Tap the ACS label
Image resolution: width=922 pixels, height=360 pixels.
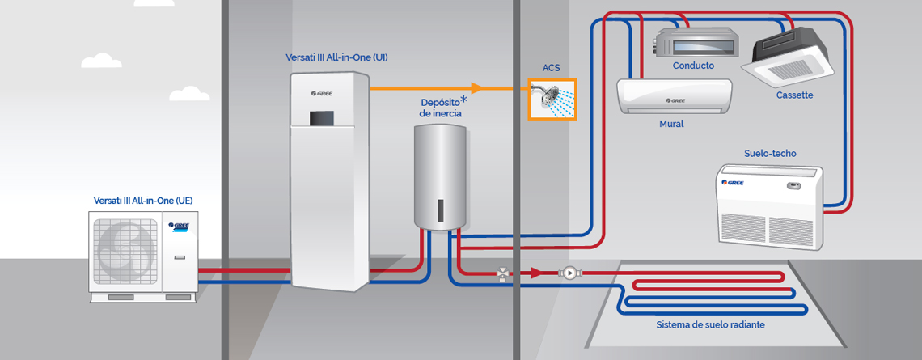[x=552, y=68]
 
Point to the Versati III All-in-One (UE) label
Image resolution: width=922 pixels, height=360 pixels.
[x=143, y=200]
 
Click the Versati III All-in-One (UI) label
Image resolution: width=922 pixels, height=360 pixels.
[x=336, y=57]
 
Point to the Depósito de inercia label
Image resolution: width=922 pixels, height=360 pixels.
[x=441, y=108]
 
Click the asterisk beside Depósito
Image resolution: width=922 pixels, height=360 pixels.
[x=464, y=100]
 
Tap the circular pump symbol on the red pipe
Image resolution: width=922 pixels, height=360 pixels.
[x=569, y=273]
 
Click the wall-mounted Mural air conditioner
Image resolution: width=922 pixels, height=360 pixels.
[x=674, y=96]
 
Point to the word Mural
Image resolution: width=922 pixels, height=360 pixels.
[x=671, y=124]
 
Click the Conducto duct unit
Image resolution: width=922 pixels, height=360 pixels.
[x=694, y=42]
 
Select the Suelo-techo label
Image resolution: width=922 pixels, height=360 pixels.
[x=770, y=153]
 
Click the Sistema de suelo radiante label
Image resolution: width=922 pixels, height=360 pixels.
[x=710, y=325]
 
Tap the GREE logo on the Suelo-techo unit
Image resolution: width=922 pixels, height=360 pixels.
[x=734, y=182]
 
